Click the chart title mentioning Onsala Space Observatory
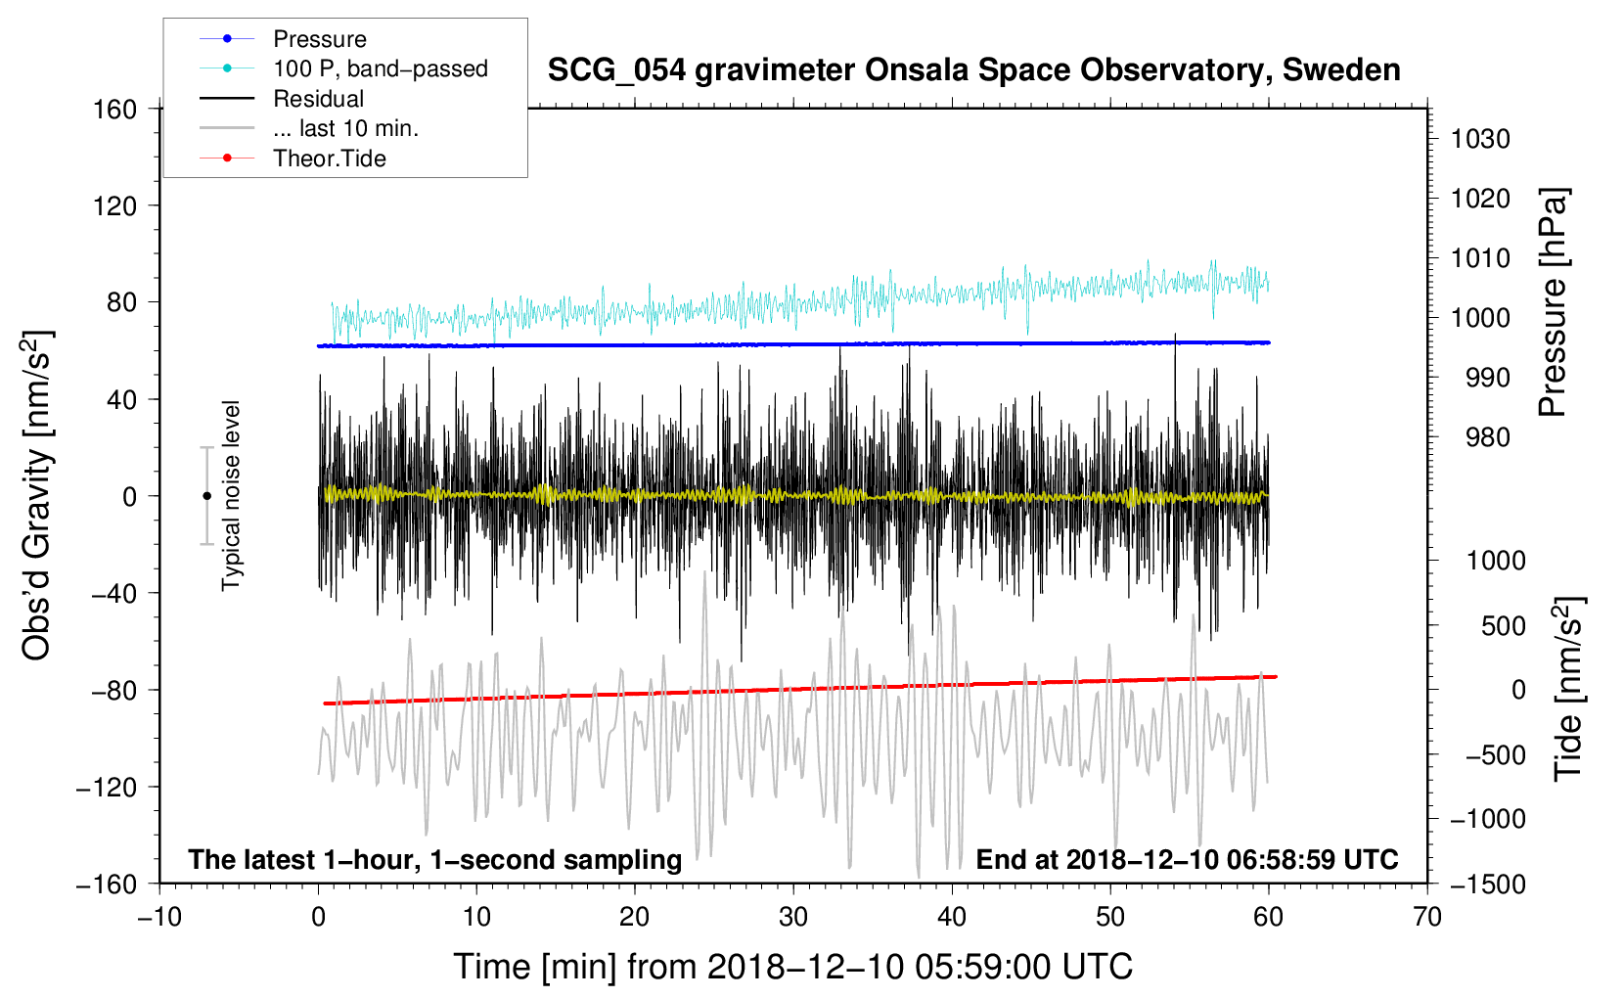click(x=973, y=70)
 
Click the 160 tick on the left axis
click(x=115, y=110)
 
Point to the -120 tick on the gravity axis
click(x=107, y=787)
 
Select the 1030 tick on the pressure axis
click(x=1480, y=139)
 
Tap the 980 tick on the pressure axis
click(x=1488, y=437)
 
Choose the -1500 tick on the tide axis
click(x=1488, y=885)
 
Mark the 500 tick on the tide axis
click(x=1504, y=626)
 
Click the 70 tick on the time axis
click(x=1427, y=918)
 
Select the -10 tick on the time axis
click(x=159, y=918)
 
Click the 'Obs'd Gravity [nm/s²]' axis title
click(x=36, y=495)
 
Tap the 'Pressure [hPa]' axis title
click(x=1552, y=302)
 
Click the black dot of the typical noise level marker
click(x=206, y=496)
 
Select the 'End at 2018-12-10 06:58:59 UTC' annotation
click(x=1187, y=860)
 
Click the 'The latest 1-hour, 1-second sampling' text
click(x=435, y=860)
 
